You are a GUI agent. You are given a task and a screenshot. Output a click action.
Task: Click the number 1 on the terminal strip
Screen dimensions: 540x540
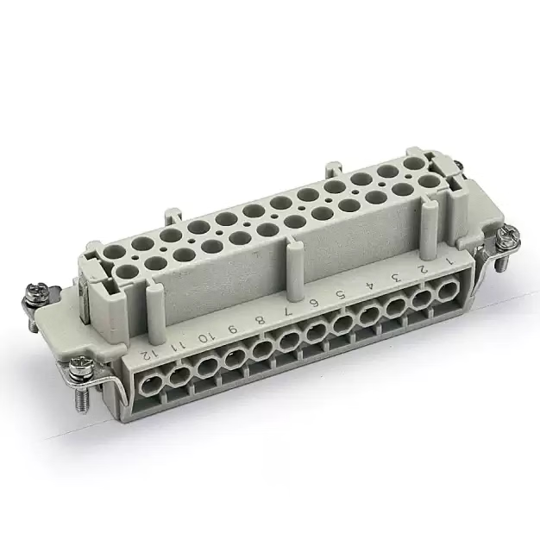click(449, 261)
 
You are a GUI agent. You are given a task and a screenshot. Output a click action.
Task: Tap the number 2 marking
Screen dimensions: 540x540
click(423, 269)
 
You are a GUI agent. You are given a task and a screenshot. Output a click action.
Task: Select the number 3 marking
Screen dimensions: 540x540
click(396, 277)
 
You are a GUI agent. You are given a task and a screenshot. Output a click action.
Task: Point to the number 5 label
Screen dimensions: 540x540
click(342, 295)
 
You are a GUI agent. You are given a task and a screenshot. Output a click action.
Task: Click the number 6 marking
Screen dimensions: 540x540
click(315, 303)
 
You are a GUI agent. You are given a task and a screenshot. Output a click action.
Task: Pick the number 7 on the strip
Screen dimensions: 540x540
click(288, 311)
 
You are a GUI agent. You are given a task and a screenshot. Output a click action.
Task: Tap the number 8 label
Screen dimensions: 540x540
click(261, 320)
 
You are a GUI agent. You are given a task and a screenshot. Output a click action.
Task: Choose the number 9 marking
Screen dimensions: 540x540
click(234, 330)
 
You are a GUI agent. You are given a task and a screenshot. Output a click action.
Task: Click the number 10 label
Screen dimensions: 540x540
click(204, 338)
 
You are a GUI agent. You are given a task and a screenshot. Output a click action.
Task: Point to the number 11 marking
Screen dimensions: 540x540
click(178, 346)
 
